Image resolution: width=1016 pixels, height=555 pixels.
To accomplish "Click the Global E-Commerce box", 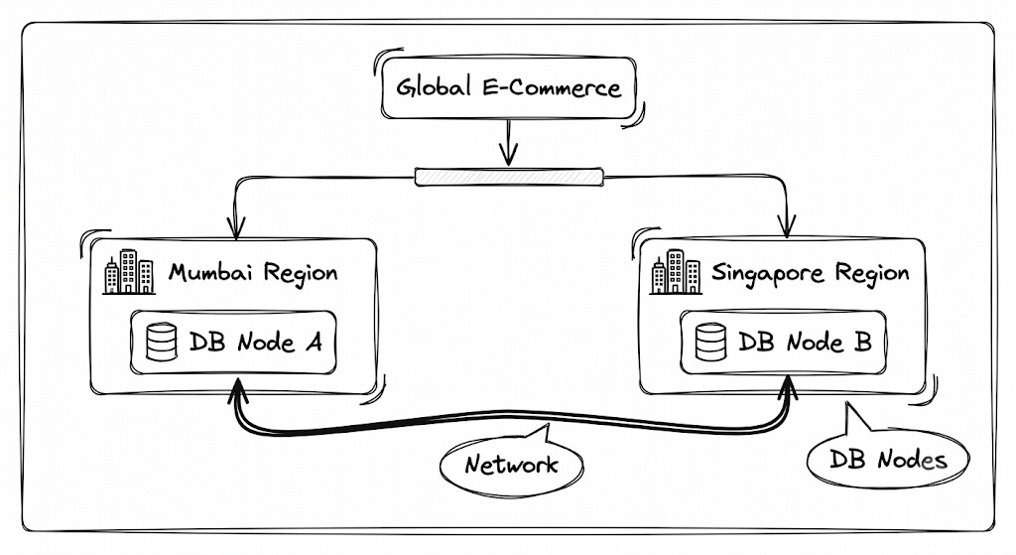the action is pos(509,87).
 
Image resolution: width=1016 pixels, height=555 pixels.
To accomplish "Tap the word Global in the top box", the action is pos(434,87).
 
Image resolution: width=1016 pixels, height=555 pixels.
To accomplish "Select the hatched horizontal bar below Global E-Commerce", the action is pos(509,177).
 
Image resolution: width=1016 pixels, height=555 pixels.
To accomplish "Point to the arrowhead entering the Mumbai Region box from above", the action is pos(236,228).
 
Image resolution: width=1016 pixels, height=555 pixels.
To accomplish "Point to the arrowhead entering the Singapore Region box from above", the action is pos(787,227).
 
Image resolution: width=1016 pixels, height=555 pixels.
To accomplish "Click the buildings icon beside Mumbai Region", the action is pos(129,272).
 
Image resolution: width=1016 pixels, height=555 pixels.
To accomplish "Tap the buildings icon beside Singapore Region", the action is pos(676,272).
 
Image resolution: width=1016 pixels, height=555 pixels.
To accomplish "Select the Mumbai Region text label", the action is pos(253,272).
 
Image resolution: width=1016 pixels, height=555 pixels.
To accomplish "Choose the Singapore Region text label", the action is pos(810,273).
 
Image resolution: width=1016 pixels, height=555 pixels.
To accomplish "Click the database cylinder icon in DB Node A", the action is pos(162,343).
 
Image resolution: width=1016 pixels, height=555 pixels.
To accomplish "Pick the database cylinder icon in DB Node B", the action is pos(710,342).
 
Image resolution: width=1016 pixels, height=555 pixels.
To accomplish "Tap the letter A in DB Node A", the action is pos(314,342).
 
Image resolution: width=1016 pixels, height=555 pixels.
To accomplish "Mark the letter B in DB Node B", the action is pos(863,342).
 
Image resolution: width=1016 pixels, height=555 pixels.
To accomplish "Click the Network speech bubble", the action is pos(512,462).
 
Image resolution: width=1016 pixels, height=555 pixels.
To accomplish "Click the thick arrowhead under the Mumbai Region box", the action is pos(237,391).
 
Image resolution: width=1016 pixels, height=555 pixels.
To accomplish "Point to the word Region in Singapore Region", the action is pos(872,274).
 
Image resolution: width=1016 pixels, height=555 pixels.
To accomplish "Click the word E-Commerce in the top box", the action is pos(552,87).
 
